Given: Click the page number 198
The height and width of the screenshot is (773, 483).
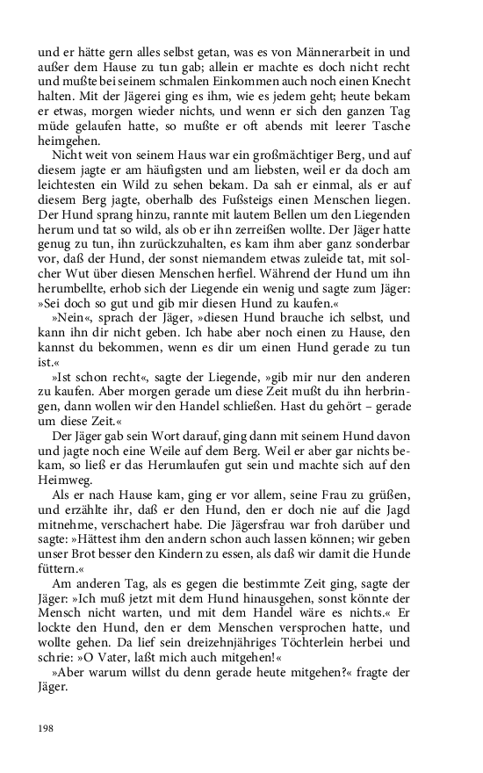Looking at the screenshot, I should (47, 728).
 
